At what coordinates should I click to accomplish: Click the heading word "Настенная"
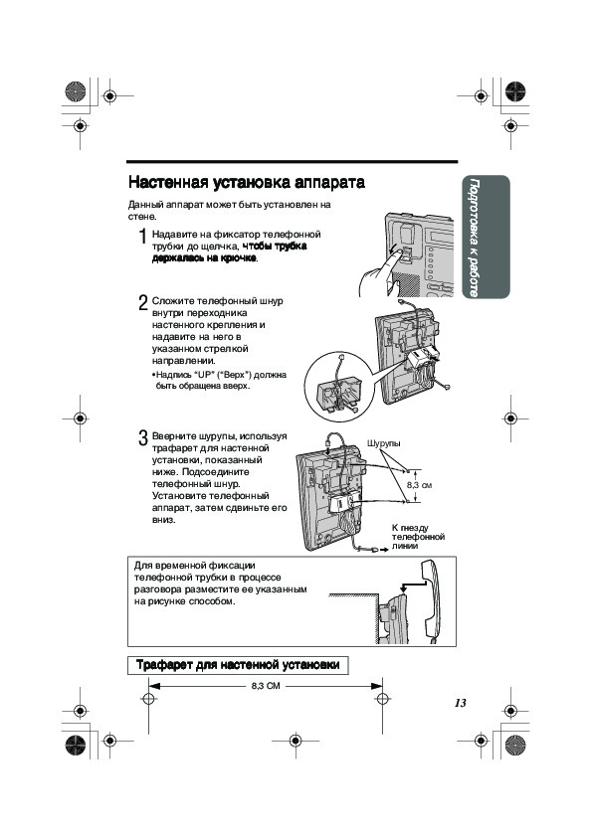pos(168,183)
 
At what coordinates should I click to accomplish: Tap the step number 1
pos(142,237)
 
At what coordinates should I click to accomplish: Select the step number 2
pos(142,303)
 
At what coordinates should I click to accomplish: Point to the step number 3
pos(142,438)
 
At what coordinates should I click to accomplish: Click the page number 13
pos(460,703)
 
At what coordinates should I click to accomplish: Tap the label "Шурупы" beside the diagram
pos(384,443)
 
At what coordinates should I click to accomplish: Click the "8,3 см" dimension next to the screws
pos(419,485)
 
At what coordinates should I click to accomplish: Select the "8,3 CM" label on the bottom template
pos(266,686)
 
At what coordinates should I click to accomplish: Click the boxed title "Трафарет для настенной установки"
pos(238,665)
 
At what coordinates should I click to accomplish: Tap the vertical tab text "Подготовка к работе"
pos(474,238)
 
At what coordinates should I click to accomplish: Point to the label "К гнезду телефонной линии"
pos(418,537)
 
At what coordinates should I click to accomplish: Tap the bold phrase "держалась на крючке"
pos(205,258)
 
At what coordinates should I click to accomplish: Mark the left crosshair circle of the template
pos(148,699)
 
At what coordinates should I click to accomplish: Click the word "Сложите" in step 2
pos(172,301)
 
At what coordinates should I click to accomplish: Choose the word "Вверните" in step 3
pos(174,436)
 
